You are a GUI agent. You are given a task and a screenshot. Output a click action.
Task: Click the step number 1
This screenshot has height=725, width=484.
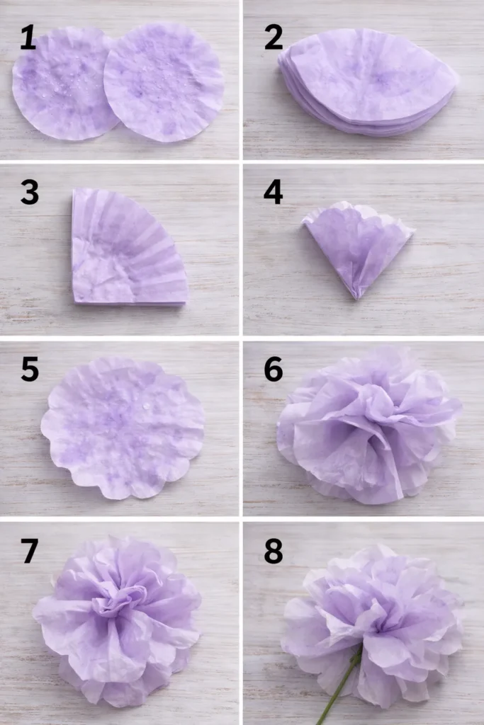coord(28,38)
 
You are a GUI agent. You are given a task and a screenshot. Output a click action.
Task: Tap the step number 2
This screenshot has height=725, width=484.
coord(274,38)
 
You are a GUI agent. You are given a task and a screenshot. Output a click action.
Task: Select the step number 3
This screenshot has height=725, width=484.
coord(29,193)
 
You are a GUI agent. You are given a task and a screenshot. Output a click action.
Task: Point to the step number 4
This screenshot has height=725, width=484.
coord(274,193)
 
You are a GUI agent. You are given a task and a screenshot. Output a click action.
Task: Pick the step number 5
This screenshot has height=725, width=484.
coord(29,369)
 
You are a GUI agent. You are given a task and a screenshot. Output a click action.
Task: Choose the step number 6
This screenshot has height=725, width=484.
coord(274,369)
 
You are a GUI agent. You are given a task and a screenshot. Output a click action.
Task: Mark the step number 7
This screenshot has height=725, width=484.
coord(29,551)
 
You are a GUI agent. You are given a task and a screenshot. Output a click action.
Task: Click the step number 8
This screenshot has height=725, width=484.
coord(274,551)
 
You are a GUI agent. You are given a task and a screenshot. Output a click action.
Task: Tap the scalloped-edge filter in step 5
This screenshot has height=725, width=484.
coord(123,427)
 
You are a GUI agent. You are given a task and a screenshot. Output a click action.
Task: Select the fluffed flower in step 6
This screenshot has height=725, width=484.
coord(368,425)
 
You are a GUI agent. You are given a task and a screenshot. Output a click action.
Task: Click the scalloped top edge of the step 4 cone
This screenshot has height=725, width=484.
coord(358,209)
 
